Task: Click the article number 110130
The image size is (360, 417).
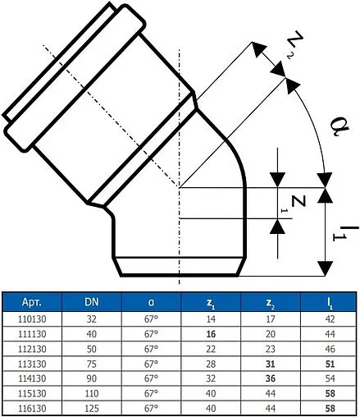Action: tap(32, 318)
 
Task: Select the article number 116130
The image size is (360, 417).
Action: tap(32, 407)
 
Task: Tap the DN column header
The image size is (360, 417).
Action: tap(93, 302)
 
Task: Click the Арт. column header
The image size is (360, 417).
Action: tap(32, 302)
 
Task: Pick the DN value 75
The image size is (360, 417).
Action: tap(93, 363)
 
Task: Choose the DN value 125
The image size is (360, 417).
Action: tap(93, 407)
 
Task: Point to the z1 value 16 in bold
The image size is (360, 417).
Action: tap(210, 333)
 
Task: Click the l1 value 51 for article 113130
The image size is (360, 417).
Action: tap(330, 363)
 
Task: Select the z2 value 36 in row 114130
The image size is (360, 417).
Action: tap(270, 378)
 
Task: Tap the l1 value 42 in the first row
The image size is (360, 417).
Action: tap(330, 318)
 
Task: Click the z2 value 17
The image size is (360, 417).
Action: tap(270, 318)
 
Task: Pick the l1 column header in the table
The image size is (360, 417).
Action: tap(330, 302)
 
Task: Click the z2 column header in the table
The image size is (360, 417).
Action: tap(270, 302)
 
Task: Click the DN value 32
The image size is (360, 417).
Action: tap(93, 318)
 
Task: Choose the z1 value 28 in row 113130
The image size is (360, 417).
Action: tap(210, 363)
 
